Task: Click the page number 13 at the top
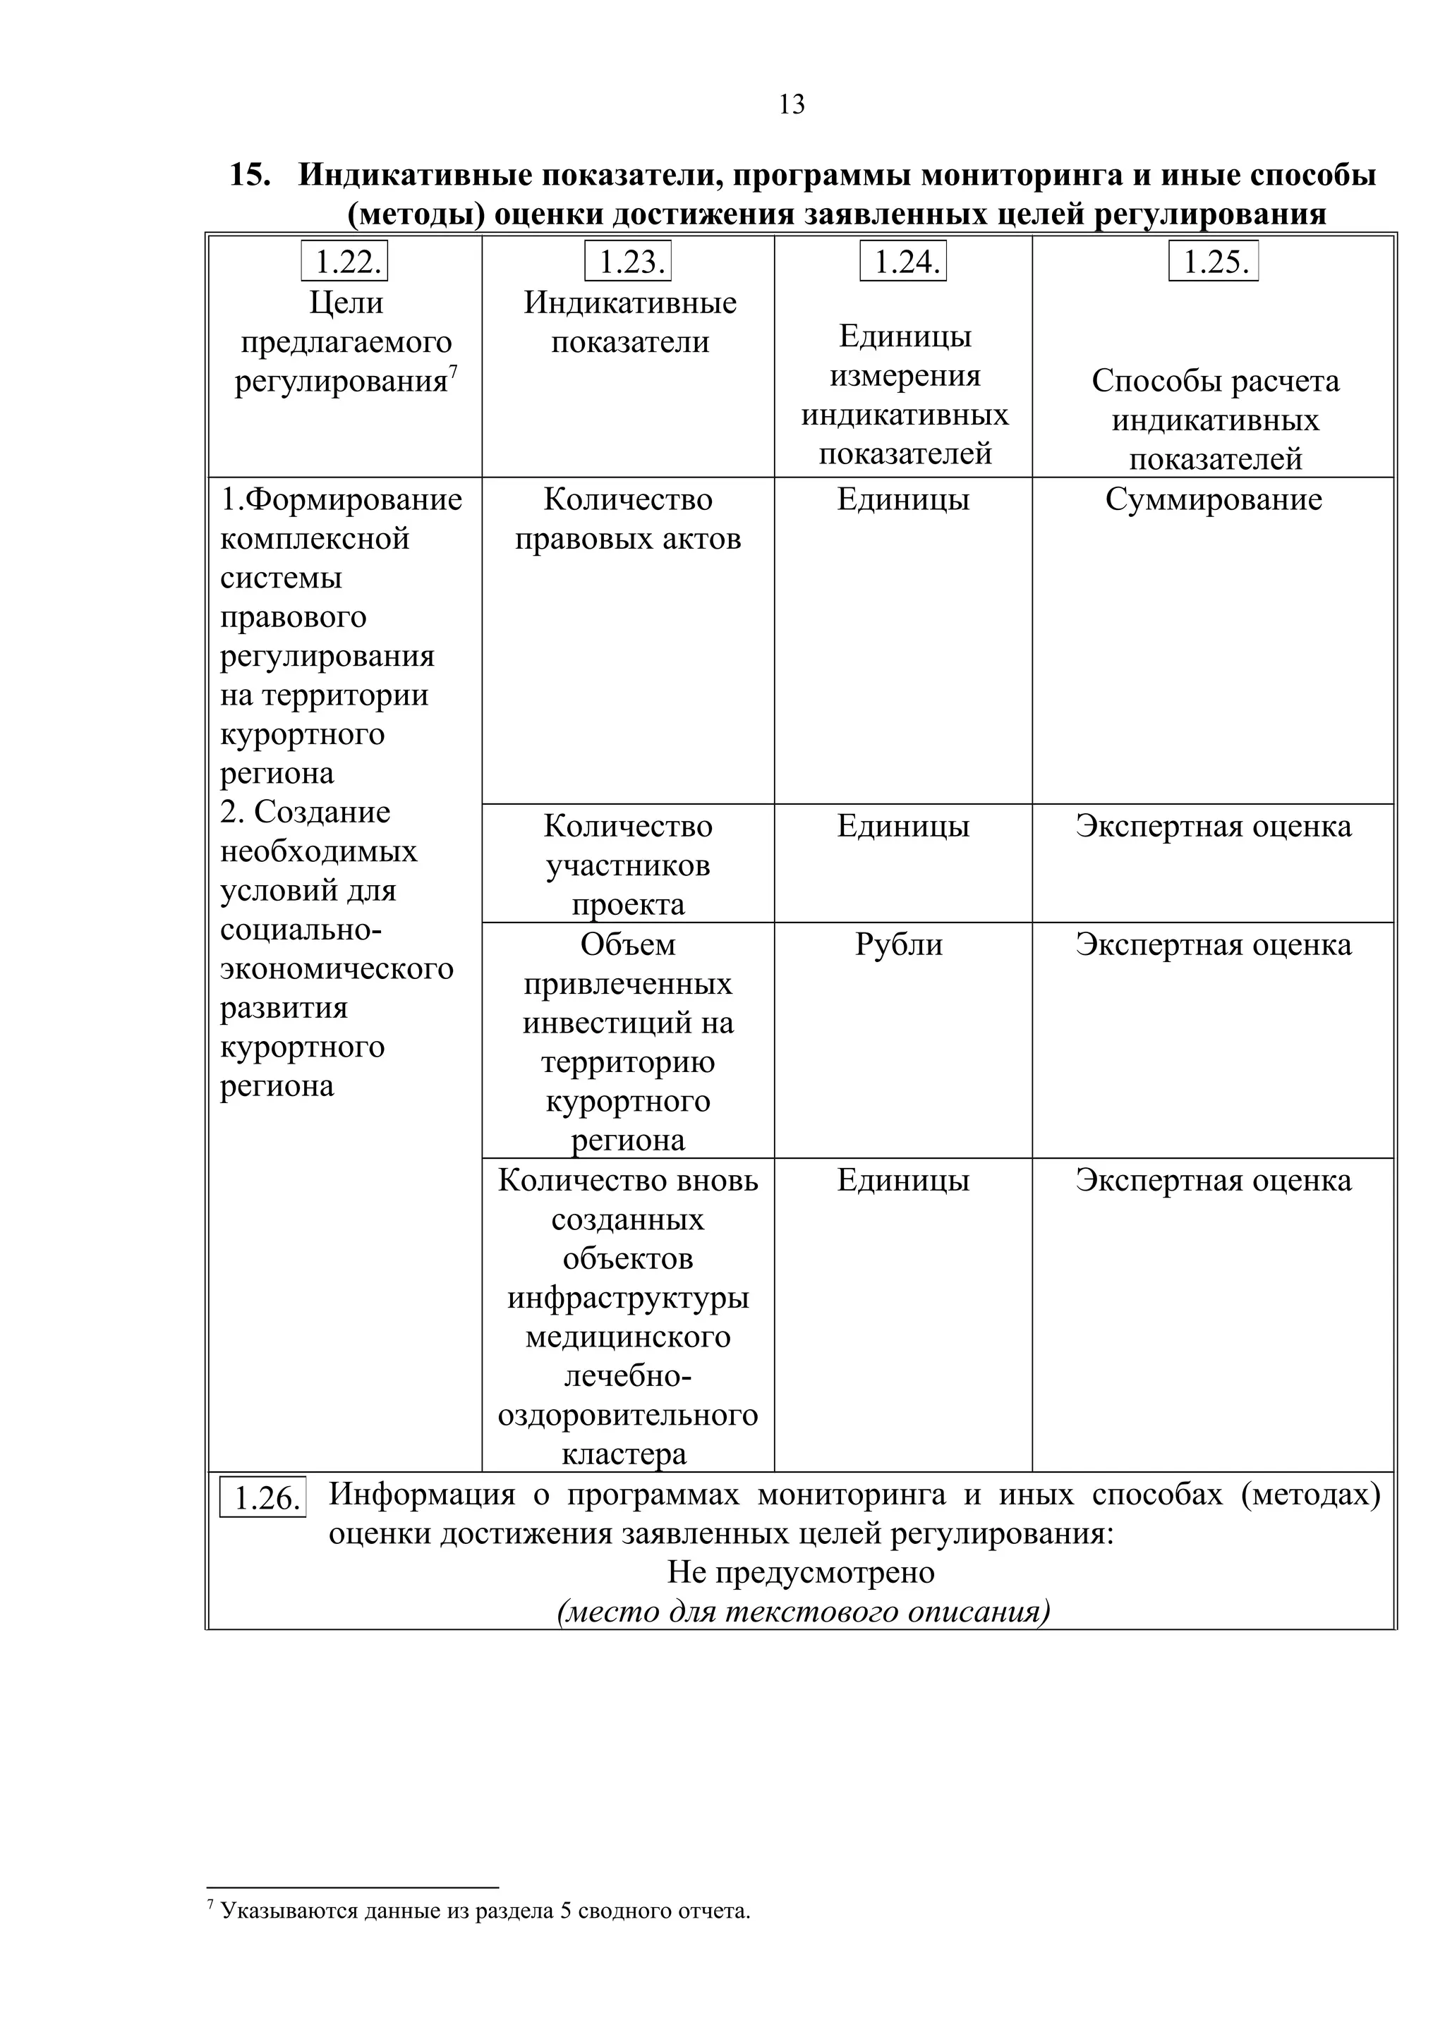pos(792,105)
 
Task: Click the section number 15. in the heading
pos(250,174)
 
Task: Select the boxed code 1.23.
pos(628,262)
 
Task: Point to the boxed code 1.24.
pos(903,262)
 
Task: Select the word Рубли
pos(898,944)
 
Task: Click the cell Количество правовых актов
pos(628,519)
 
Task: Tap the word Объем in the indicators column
pos(628,944)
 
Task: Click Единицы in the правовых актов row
pos(903,499)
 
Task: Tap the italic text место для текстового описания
pos(803,1612)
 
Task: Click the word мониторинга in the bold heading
pos(1022,174)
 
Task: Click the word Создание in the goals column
pos(322,812)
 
